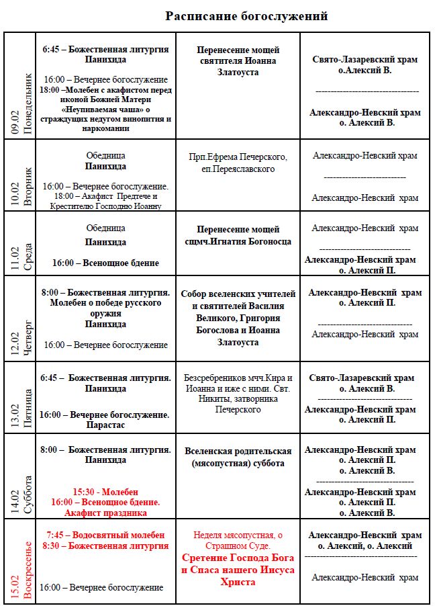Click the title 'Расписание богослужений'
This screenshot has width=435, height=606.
coord(246,16)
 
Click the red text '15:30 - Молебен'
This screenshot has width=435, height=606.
coord(105,492)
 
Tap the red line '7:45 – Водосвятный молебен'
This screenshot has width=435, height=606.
coord(105,535)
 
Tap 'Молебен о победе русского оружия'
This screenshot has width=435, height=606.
coord(105,308)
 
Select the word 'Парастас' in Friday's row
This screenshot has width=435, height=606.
coord(105,425)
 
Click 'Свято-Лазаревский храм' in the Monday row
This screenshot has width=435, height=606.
coord(365,60)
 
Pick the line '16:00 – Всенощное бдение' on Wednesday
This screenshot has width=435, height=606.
coord(105,263)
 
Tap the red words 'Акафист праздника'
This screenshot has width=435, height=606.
coord(105,513)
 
